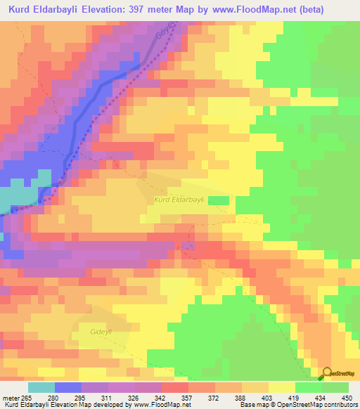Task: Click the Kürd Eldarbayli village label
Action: click(179, 200)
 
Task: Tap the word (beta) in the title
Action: click(333, 10)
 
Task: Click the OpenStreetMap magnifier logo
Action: click(327, 374)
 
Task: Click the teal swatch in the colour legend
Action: click(41, 388)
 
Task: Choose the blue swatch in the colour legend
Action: click(68, 388)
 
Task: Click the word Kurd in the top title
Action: click(24, 10)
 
